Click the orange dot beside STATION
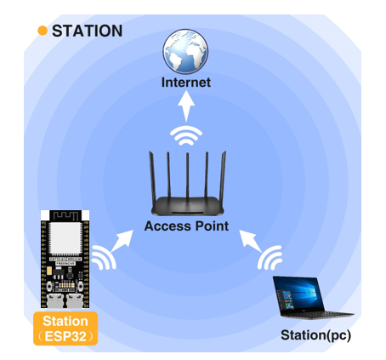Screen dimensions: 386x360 click(43, 31)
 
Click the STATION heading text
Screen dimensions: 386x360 click(88, 31)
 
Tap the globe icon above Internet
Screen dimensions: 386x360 click(185, 51)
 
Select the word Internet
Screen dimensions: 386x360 click(186, 83)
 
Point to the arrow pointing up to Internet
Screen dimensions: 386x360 click(186, 106)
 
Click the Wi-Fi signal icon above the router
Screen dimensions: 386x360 click(186, 135)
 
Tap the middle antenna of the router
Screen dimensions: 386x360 click(187, 176)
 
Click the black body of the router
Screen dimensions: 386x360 click(188, 206)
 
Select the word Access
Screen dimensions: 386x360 click(167, 226)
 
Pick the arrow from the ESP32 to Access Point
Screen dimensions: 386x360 click(122, 241)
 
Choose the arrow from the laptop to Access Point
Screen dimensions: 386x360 click(251, 241)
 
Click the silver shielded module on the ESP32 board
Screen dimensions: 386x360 click(65, 239)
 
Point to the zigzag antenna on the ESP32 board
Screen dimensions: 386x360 click(65, 215)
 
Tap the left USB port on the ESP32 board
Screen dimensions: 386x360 click(55, 301)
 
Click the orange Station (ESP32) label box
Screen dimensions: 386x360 click(65, 329)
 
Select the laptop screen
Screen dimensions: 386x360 click(298, 294)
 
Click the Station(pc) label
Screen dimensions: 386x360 click(315, 335)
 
